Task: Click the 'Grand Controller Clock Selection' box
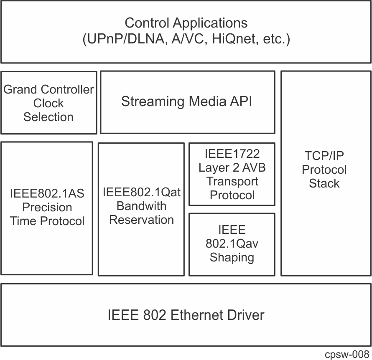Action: (x=48, y=103)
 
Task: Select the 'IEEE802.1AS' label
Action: (x=47, y=193)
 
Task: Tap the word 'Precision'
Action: (x=47, y=207)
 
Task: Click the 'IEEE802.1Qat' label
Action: (x=141, y=192)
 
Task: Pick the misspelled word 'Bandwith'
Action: (x=141, y=206)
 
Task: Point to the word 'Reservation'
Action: (x=141, y=220)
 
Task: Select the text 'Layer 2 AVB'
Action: (x=232, y=167)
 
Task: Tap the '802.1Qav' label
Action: (x=232, y=243)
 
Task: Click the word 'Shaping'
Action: (x=232, y=257)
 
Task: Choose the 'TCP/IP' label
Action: (x=324, y=156)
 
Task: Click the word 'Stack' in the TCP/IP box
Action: (x=324, y=183)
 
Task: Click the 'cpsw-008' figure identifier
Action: (x=347, y=354)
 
